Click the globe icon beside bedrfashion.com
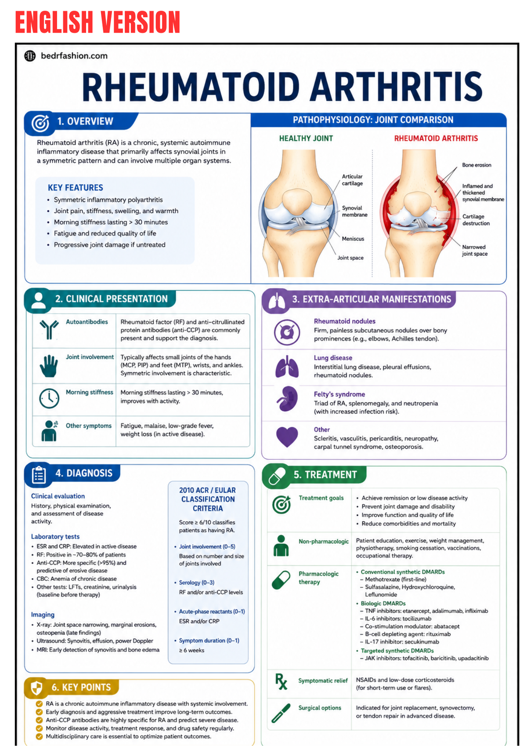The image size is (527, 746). (x=30, y=56)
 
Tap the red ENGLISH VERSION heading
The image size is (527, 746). (x=97, y=22)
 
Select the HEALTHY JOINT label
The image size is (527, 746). (x=306, y=138)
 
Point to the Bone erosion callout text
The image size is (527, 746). (x=476, y=165)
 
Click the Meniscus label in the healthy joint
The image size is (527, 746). (x=353, y=239)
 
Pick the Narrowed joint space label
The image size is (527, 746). (x=474, y=250)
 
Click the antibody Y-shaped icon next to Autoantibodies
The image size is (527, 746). (x=49, y=329)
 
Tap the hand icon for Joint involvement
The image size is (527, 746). (x=49, y=366)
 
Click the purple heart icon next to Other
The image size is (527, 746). (x=287, y=437)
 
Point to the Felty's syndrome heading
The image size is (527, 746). (x=339, y=394)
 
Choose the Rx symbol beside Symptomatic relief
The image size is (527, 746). (x=281, y=681)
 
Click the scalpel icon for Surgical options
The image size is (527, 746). (x=281, y=713)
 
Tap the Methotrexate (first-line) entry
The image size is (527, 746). (x=395, y=579)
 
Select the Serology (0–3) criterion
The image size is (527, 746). (x=196, y=582)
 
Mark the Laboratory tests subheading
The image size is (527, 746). (x=55, y=536)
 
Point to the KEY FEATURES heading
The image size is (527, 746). (x=76, y=188)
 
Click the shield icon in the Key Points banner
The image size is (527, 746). (x=36, y=688)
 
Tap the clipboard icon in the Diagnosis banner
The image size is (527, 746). (x=39, y=475)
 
